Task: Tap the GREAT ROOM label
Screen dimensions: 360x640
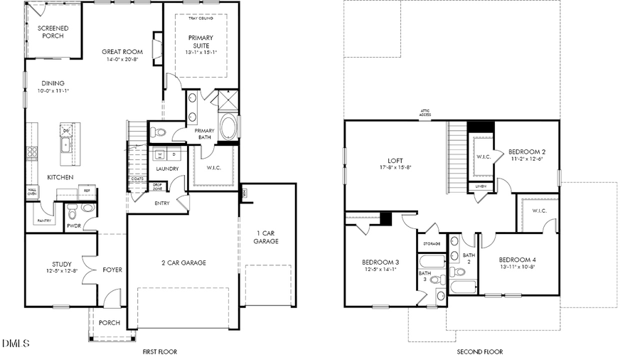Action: click(x=122, y=52)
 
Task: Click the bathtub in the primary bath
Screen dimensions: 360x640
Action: click(x=229, y=129)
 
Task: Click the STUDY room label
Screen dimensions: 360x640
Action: click(x=61, y=264)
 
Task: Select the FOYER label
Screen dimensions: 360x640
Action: click(x=112, y=270)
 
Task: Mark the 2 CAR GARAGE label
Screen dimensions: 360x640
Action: click(x=183, y=263)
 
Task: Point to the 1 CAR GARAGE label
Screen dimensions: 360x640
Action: click(x=265, y=237)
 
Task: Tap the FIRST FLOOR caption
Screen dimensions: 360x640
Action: click(x=159, y=351)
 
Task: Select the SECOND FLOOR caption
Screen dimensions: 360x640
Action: click(x=479, y=351)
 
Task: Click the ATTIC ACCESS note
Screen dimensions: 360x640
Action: click(x=425, y=113)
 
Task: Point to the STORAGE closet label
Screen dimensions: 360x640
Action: click(x=432, y=243)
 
